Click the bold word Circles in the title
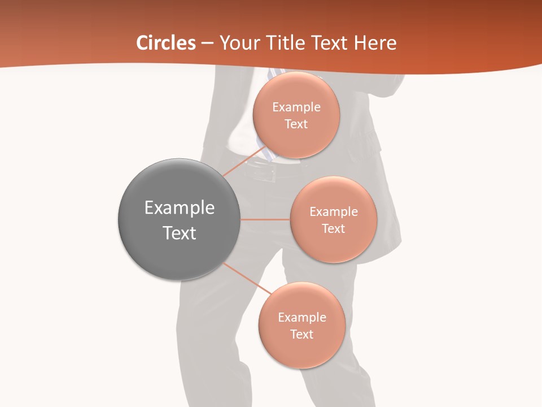click(x=165, y=43)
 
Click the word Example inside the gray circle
click(x=180, y=208)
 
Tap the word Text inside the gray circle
click(x=180, y=233)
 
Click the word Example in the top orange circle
click(x=296, y=107)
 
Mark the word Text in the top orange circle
click(x=296, y=124)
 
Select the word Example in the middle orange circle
click(x=334, y=212)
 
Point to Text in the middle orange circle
click(x=333, y=229)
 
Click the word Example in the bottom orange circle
click(x=302, y=318)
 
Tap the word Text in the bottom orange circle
click(x=301, y=335)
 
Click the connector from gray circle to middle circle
click(x=265, y=219)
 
